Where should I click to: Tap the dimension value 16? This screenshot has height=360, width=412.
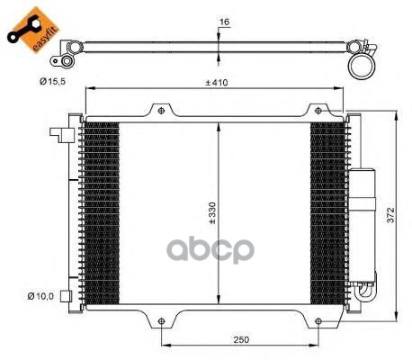224,22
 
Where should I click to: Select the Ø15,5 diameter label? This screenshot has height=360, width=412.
52,81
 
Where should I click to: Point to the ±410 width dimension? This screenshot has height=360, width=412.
217,83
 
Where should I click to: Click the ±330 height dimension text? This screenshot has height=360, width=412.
212,213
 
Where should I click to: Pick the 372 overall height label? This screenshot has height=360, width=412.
390,215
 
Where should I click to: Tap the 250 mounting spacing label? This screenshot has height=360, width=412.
241,339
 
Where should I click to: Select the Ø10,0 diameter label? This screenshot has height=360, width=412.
40,296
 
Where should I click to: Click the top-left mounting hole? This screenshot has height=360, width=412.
161,111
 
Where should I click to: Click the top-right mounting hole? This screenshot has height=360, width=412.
318,111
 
